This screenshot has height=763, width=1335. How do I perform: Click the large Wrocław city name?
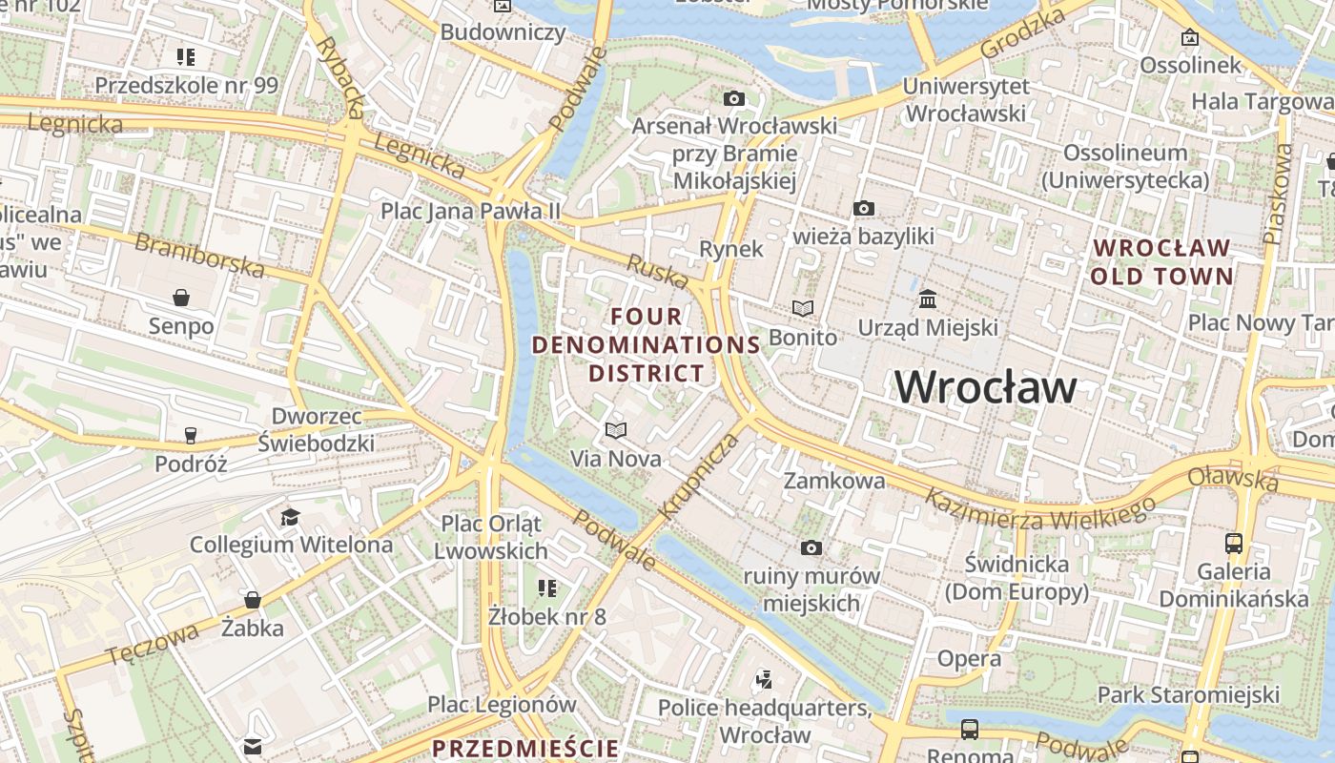tap(985, 387)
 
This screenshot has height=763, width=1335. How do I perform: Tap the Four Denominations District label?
tap(647, 344)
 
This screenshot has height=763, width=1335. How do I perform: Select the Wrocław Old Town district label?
tap(1161, 262)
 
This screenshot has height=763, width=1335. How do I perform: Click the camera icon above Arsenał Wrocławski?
tap(733, 98)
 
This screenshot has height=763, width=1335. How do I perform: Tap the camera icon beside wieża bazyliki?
tap(863, 208)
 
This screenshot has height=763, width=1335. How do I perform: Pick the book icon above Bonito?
tap(803, 308)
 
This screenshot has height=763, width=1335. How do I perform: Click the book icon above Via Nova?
tap(616, 430)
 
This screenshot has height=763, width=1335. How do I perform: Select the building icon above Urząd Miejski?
tap(927, 299)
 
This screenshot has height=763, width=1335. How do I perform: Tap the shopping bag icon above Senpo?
tap(181, 298)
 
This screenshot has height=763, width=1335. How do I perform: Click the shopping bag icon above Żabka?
tap(253, 600)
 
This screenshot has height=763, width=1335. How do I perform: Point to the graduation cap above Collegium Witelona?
tap(290, 517)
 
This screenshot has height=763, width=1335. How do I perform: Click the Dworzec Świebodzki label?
tap(316, 429)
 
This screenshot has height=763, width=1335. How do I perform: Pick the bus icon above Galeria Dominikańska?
tap(1234, 544)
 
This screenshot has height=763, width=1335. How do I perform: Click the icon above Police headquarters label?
tap(763, 679)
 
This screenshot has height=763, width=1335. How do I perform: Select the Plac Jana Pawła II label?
tap(471, 211)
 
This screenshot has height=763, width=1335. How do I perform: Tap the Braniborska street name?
tap(199, 255)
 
